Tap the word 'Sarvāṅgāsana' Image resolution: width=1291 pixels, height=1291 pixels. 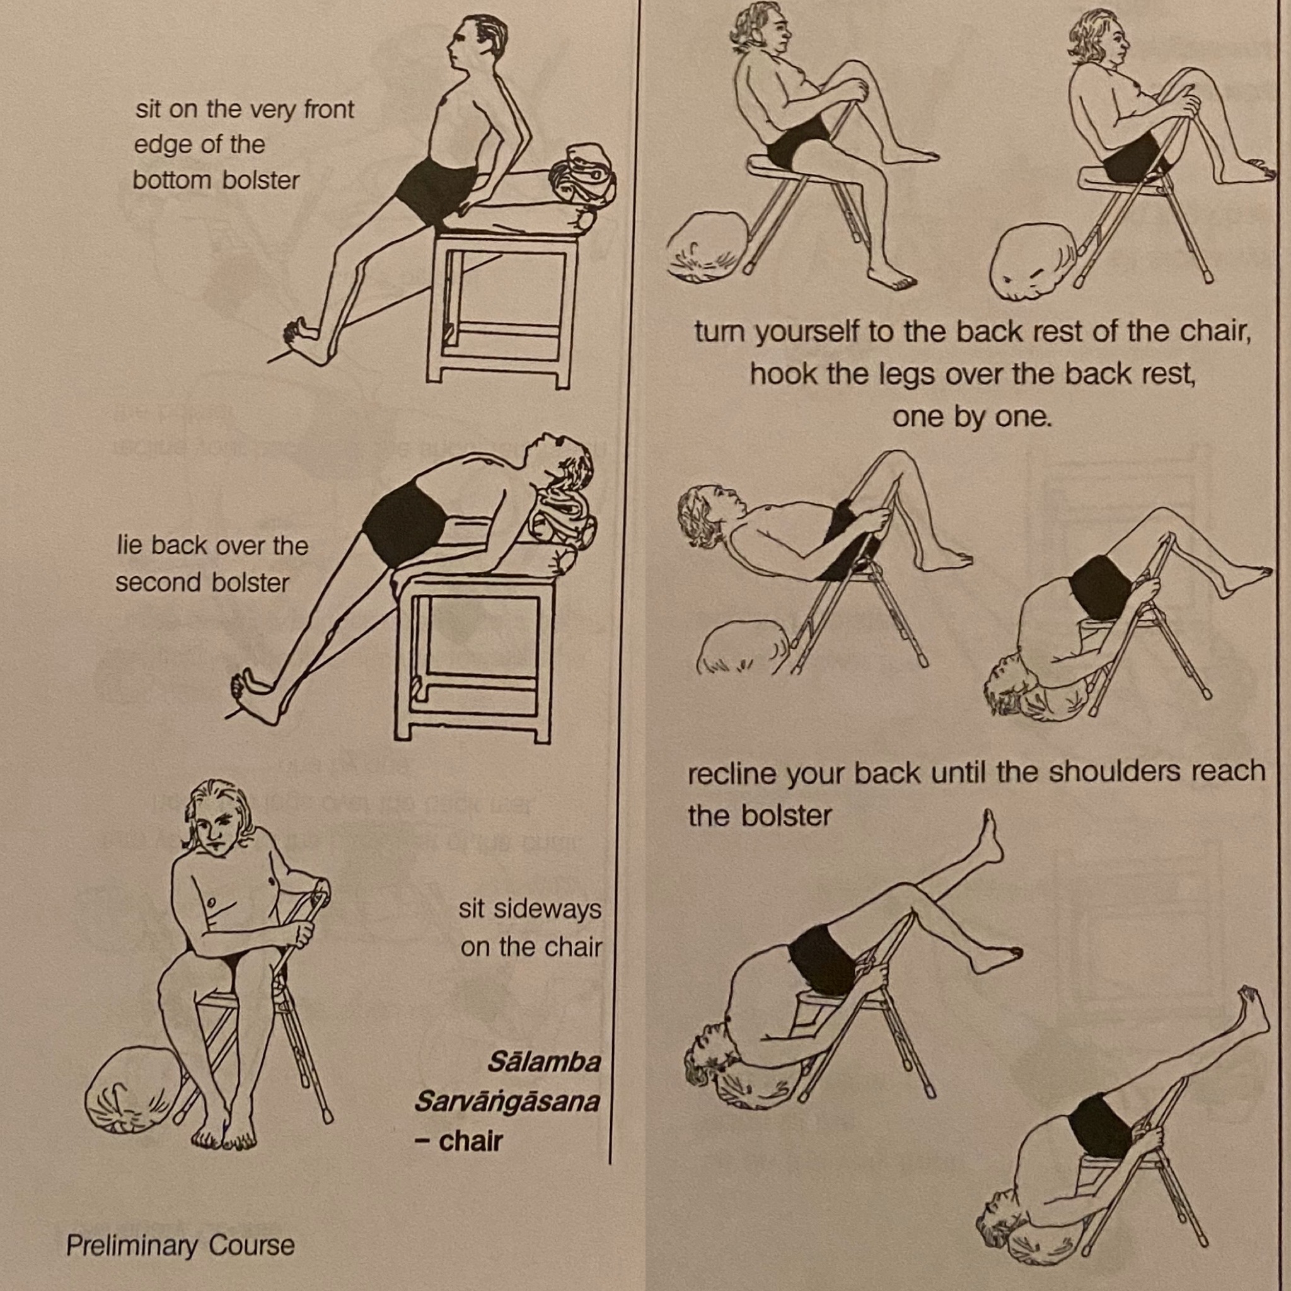(507, 1102)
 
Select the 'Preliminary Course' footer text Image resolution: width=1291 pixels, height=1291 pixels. (180, 1245)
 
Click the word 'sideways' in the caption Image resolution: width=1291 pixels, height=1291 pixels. (530, 910)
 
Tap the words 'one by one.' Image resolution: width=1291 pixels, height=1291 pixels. (972, 416)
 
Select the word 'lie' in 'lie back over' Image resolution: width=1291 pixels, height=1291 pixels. (129, 545)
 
